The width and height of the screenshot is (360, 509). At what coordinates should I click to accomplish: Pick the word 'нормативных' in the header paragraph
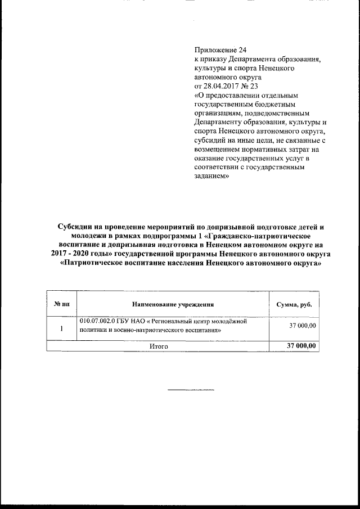256,149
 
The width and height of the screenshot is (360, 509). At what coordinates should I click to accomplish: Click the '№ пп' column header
61,304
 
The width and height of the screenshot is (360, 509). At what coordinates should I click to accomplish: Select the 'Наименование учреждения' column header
173,304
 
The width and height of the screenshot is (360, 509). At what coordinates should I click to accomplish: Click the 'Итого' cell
159,346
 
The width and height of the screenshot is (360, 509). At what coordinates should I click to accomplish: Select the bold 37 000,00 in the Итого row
301,345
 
